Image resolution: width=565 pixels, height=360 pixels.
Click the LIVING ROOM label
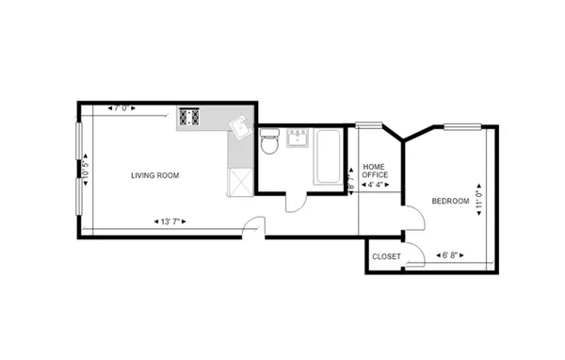tap(154, 175)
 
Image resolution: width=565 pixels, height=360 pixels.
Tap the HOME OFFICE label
tap(376, 170)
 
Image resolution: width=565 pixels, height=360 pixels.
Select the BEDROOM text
tap(450, 201)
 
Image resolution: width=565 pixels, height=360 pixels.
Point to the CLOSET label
tap(386, 256)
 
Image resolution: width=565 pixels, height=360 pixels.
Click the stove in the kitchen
tap(188, 118)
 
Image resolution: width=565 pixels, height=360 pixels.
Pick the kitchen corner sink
tap(241, 125)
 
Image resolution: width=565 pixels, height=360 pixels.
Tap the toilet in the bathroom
tap(268, 142)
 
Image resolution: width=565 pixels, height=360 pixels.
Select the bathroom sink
tap(299, 140)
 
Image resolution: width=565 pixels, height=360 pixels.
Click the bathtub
tap(330, 155)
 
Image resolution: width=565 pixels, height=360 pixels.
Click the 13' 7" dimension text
tap(170, 221)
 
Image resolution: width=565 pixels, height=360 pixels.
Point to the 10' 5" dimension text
tap(86, 172)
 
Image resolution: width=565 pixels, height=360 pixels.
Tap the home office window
tap(369, 124)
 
